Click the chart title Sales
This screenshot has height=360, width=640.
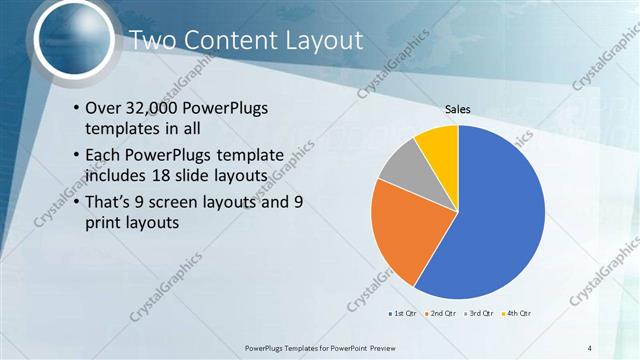[458, 110]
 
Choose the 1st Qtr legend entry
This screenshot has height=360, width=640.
[402, 314]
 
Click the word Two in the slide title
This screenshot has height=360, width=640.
[153, 41]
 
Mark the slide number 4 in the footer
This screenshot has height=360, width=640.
[590, 347]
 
